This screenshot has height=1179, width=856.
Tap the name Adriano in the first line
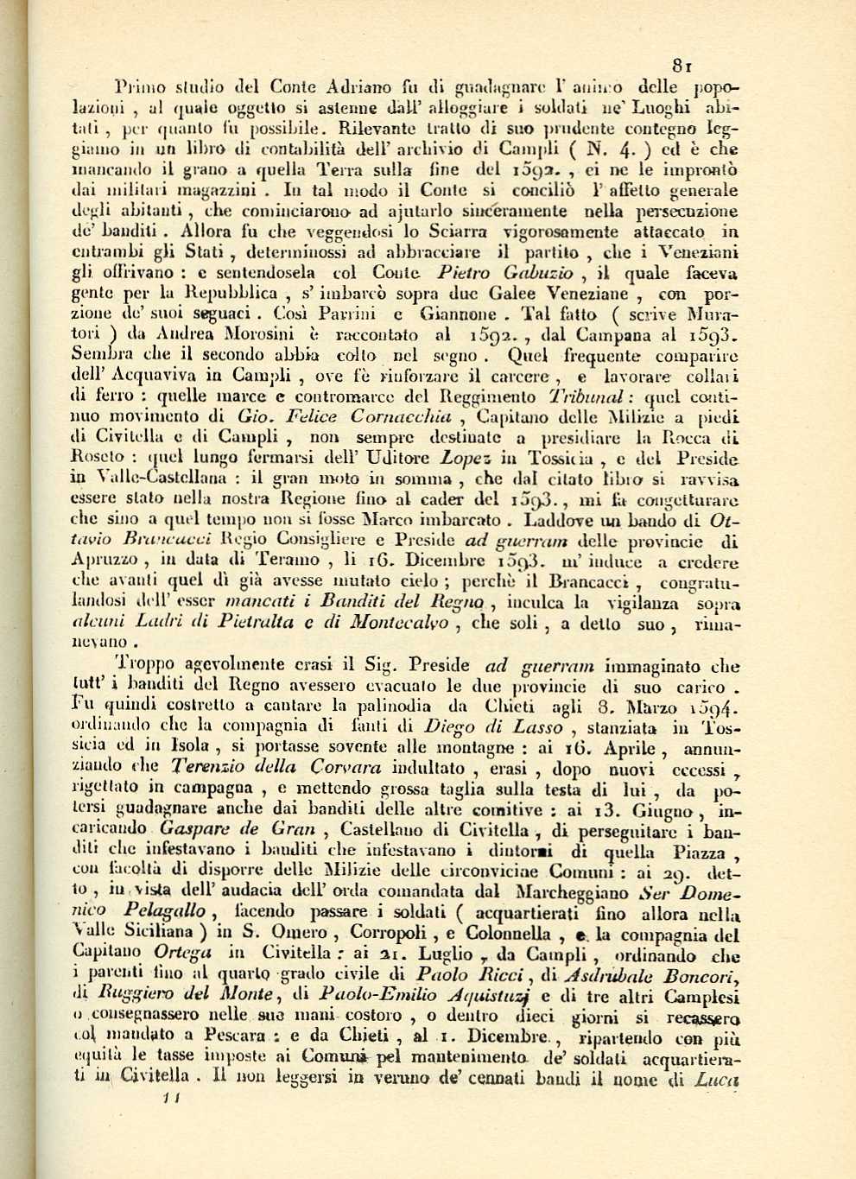click(x=358, y=86)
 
